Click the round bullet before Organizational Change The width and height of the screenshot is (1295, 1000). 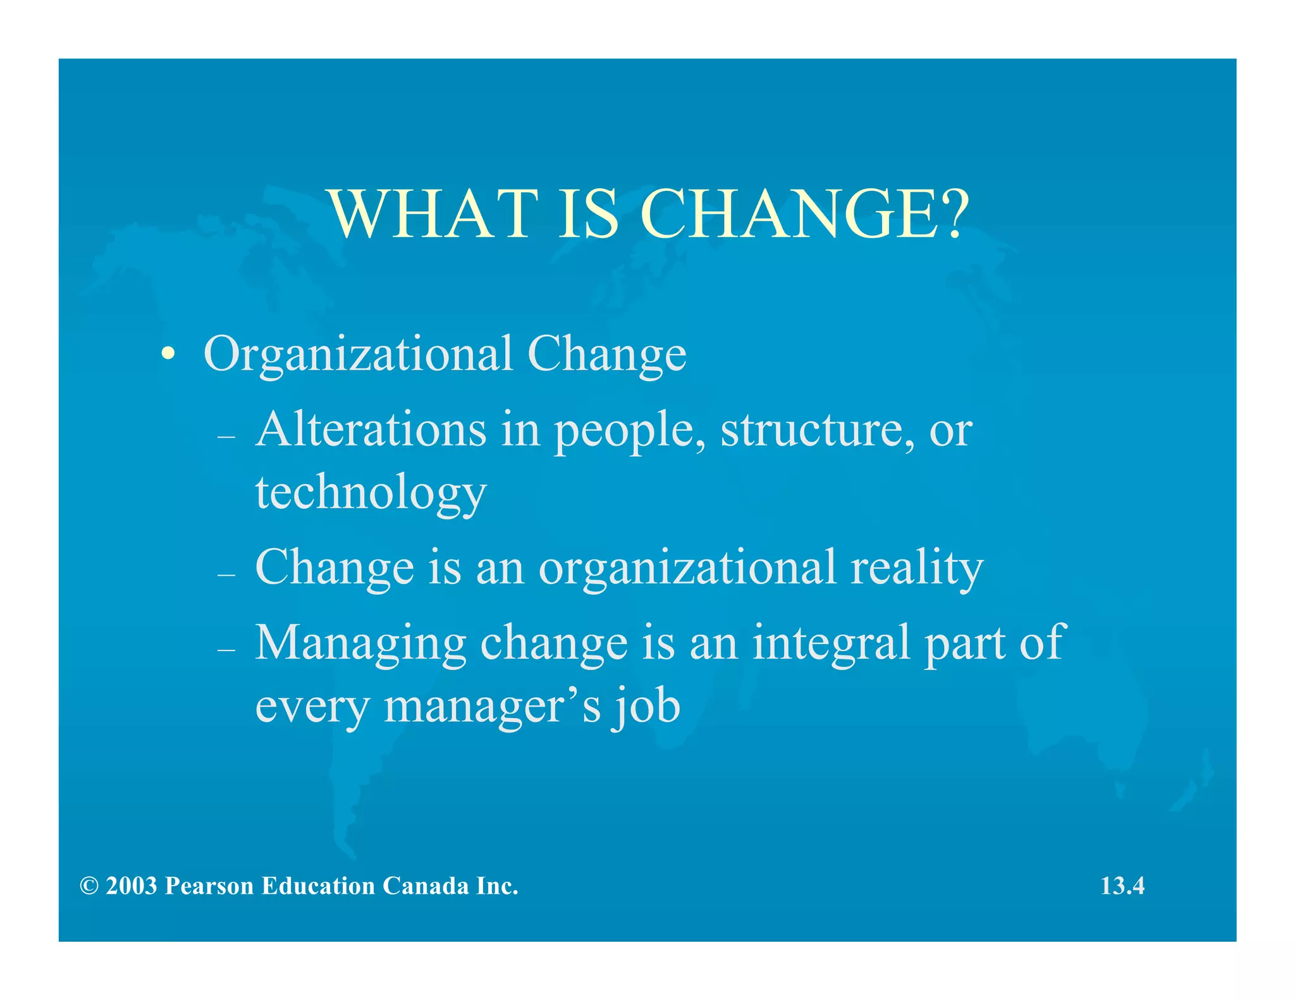click(x=168, y=353)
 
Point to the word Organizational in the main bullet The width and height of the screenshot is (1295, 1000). click(x=358, y=354)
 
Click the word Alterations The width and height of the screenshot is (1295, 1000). click(x=371, y=430)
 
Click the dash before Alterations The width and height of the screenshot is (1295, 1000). click(x=226, y=437)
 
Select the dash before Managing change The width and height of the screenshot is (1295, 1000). click(x=226, y=650)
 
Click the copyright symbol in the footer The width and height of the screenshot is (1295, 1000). click(x=89, y=886)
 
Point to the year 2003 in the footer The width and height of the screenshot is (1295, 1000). click(x=132, y=886)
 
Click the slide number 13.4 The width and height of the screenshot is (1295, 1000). click(x=1122, y=886)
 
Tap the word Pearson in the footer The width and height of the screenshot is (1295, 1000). click(x=209, y=886)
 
